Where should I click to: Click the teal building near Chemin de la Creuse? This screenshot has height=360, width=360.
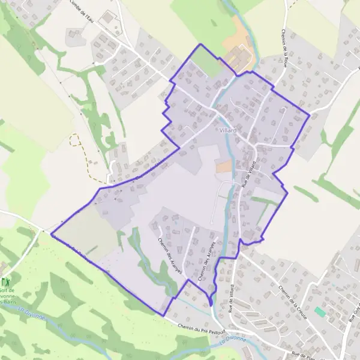click(320, 312)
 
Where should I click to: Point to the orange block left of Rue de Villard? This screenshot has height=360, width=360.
click(224, 166)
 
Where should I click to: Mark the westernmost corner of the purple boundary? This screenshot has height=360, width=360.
click(51, 233)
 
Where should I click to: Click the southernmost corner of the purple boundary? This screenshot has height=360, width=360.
click(164, 316)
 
